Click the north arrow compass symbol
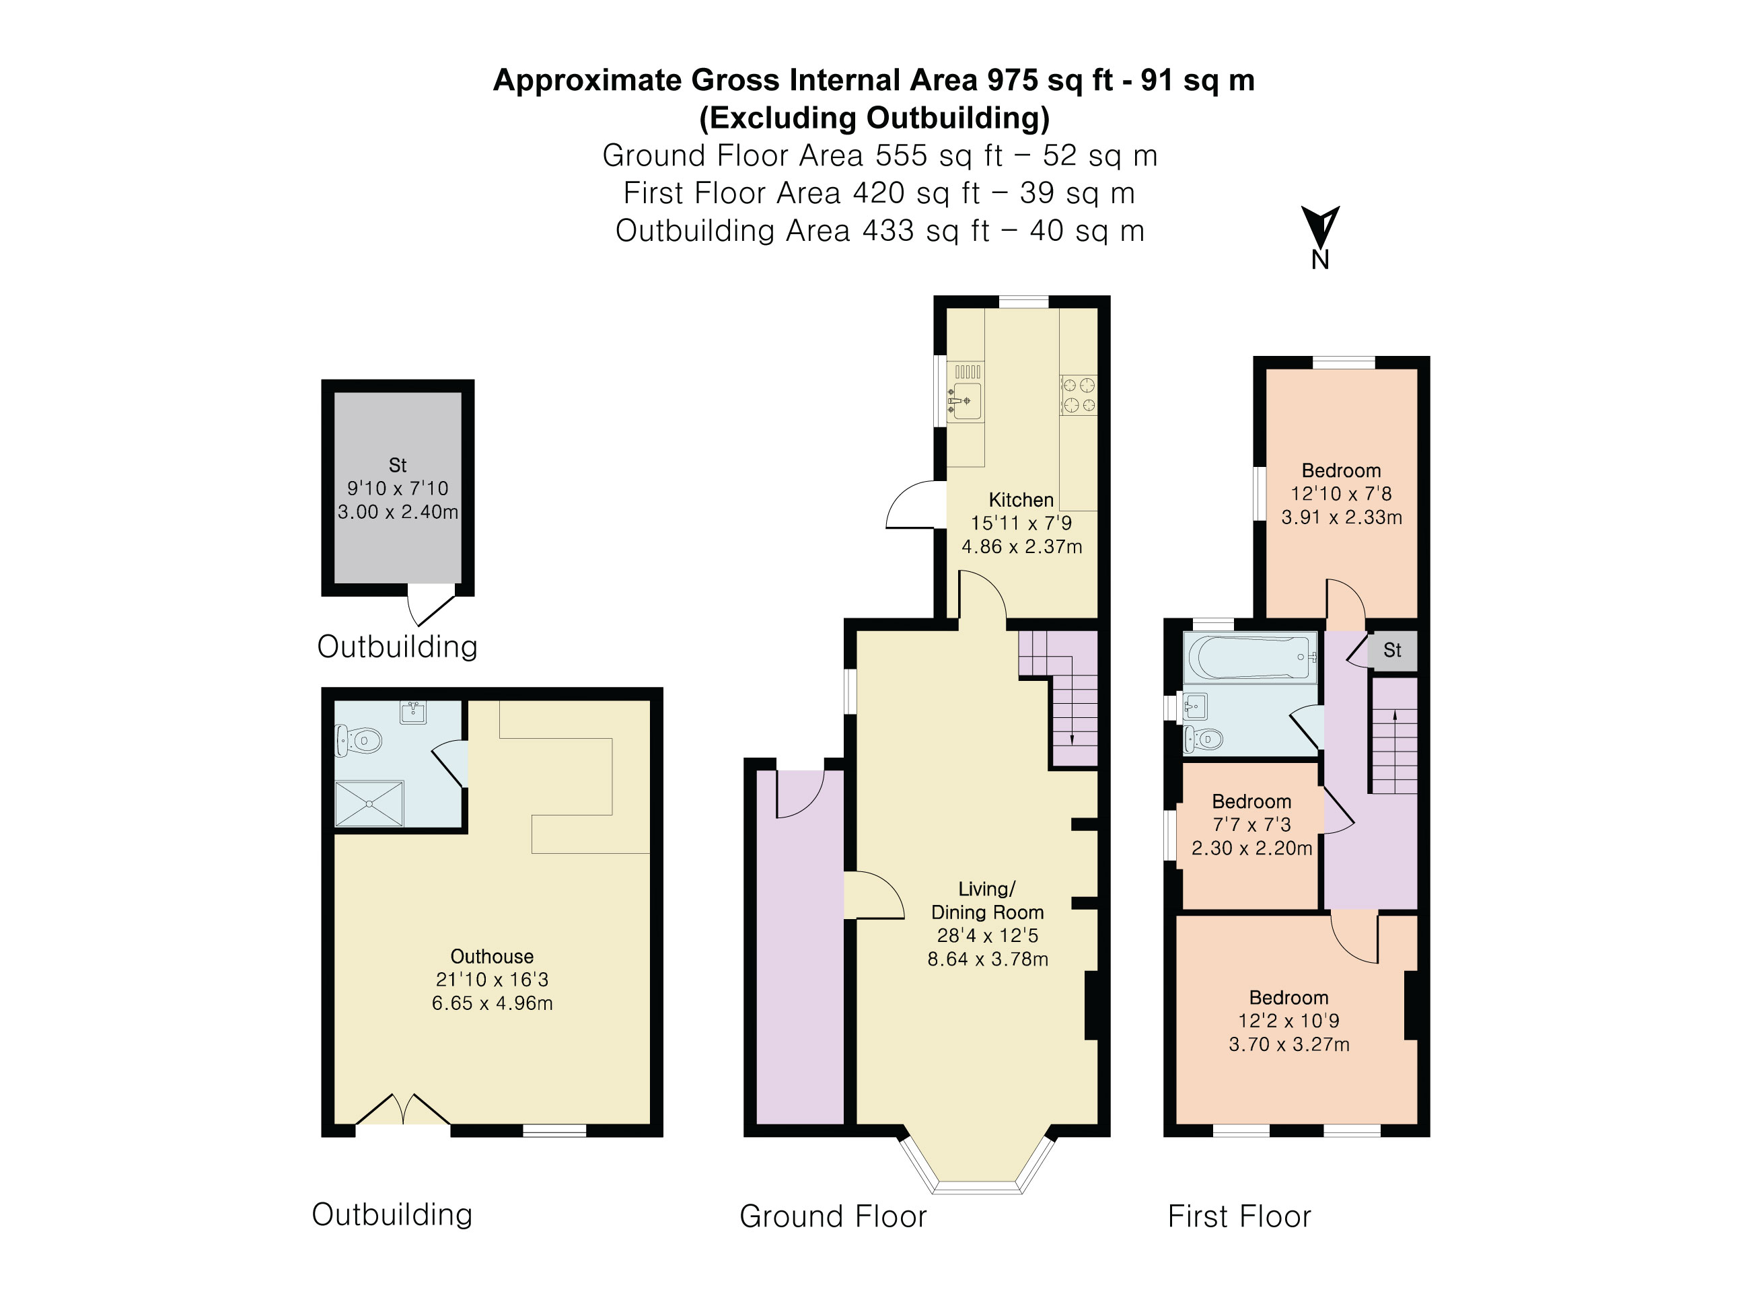point(1320,229)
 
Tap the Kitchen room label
point(1021,500)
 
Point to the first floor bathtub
point(1249,657)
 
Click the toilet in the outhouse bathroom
point(361,740)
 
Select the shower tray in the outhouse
point(369,803)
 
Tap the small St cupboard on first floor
point(1392,651)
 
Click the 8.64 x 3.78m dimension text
point(987,959)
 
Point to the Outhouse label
point(492,956)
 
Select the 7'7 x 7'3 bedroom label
point(1251,825)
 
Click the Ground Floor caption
point(832,1216)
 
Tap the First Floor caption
point(1239,1216)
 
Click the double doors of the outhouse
point(403,1110)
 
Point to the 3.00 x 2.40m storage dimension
point(398,511)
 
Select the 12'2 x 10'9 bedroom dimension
point(1288,1021)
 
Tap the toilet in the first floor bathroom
point(1204,739)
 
